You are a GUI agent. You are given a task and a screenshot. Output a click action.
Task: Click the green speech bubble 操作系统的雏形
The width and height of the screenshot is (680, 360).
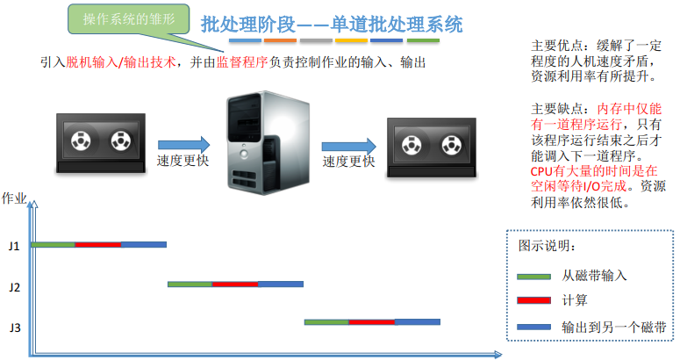click(129, 19)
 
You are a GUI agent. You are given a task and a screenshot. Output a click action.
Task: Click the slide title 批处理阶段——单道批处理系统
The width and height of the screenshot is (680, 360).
click(332, 25)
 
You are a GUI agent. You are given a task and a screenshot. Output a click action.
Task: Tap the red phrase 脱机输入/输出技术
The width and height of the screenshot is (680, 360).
click(121, 62)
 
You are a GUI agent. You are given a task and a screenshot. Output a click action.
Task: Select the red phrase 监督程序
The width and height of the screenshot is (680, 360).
click(242, 62)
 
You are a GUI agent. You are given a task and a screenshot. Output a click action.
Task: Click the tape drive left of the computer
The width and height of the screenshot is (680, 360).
click(101, 144)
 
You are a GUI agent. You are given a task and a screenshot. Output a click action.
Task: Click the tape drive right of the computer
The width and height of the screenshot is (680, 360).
click(432, 148)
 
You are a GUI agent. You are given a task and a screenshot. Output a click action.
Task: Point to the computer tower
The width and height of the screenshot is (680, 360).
click(268, 143)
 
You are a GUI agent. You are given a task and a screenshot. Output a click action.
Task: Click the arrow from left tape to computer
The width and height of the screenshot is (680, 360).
click(184, 145)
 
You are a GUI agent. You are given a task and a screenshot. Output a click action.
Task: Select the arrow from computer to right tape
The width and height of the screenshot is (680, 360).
click(348, 147)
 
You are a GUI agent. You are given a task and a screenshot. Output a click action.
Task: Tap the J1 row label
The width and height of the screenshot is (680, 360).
click(14, 247)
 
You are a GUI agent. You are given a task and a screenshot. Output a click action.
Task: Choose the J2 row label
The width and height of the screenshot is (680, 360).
click(15, 287)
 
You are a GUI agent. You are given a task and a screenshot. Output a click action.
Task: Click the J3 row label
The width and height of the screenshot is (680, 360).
click(15, 328)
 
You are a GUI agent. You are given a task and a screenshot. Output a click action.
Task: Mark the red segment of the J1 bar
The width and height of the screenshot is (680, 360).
click(98, 245)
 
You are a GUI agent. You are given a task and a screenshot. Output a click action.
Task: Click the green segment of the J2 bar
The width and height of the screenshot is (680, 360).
click(190, 284)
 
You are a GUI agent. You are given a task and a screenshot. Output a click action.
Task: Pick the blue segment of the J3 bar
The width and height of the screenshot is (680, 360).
click(418, 322)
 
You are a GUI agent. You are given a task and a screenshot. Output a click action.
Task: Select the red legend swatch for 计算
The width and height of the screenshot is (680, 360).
click(533, 300)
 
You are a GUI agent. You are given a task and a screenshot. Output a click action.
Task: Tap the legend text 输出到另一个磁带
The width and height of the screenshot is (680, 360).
click(613, 327)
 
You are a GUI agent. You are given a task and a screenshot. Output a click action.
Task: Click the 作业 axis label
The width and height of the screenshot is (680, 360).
click(14, 198)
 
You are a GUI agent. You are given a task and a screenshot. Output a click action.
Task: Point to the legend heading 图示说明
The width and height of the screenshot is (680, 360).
click(547, 246)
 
